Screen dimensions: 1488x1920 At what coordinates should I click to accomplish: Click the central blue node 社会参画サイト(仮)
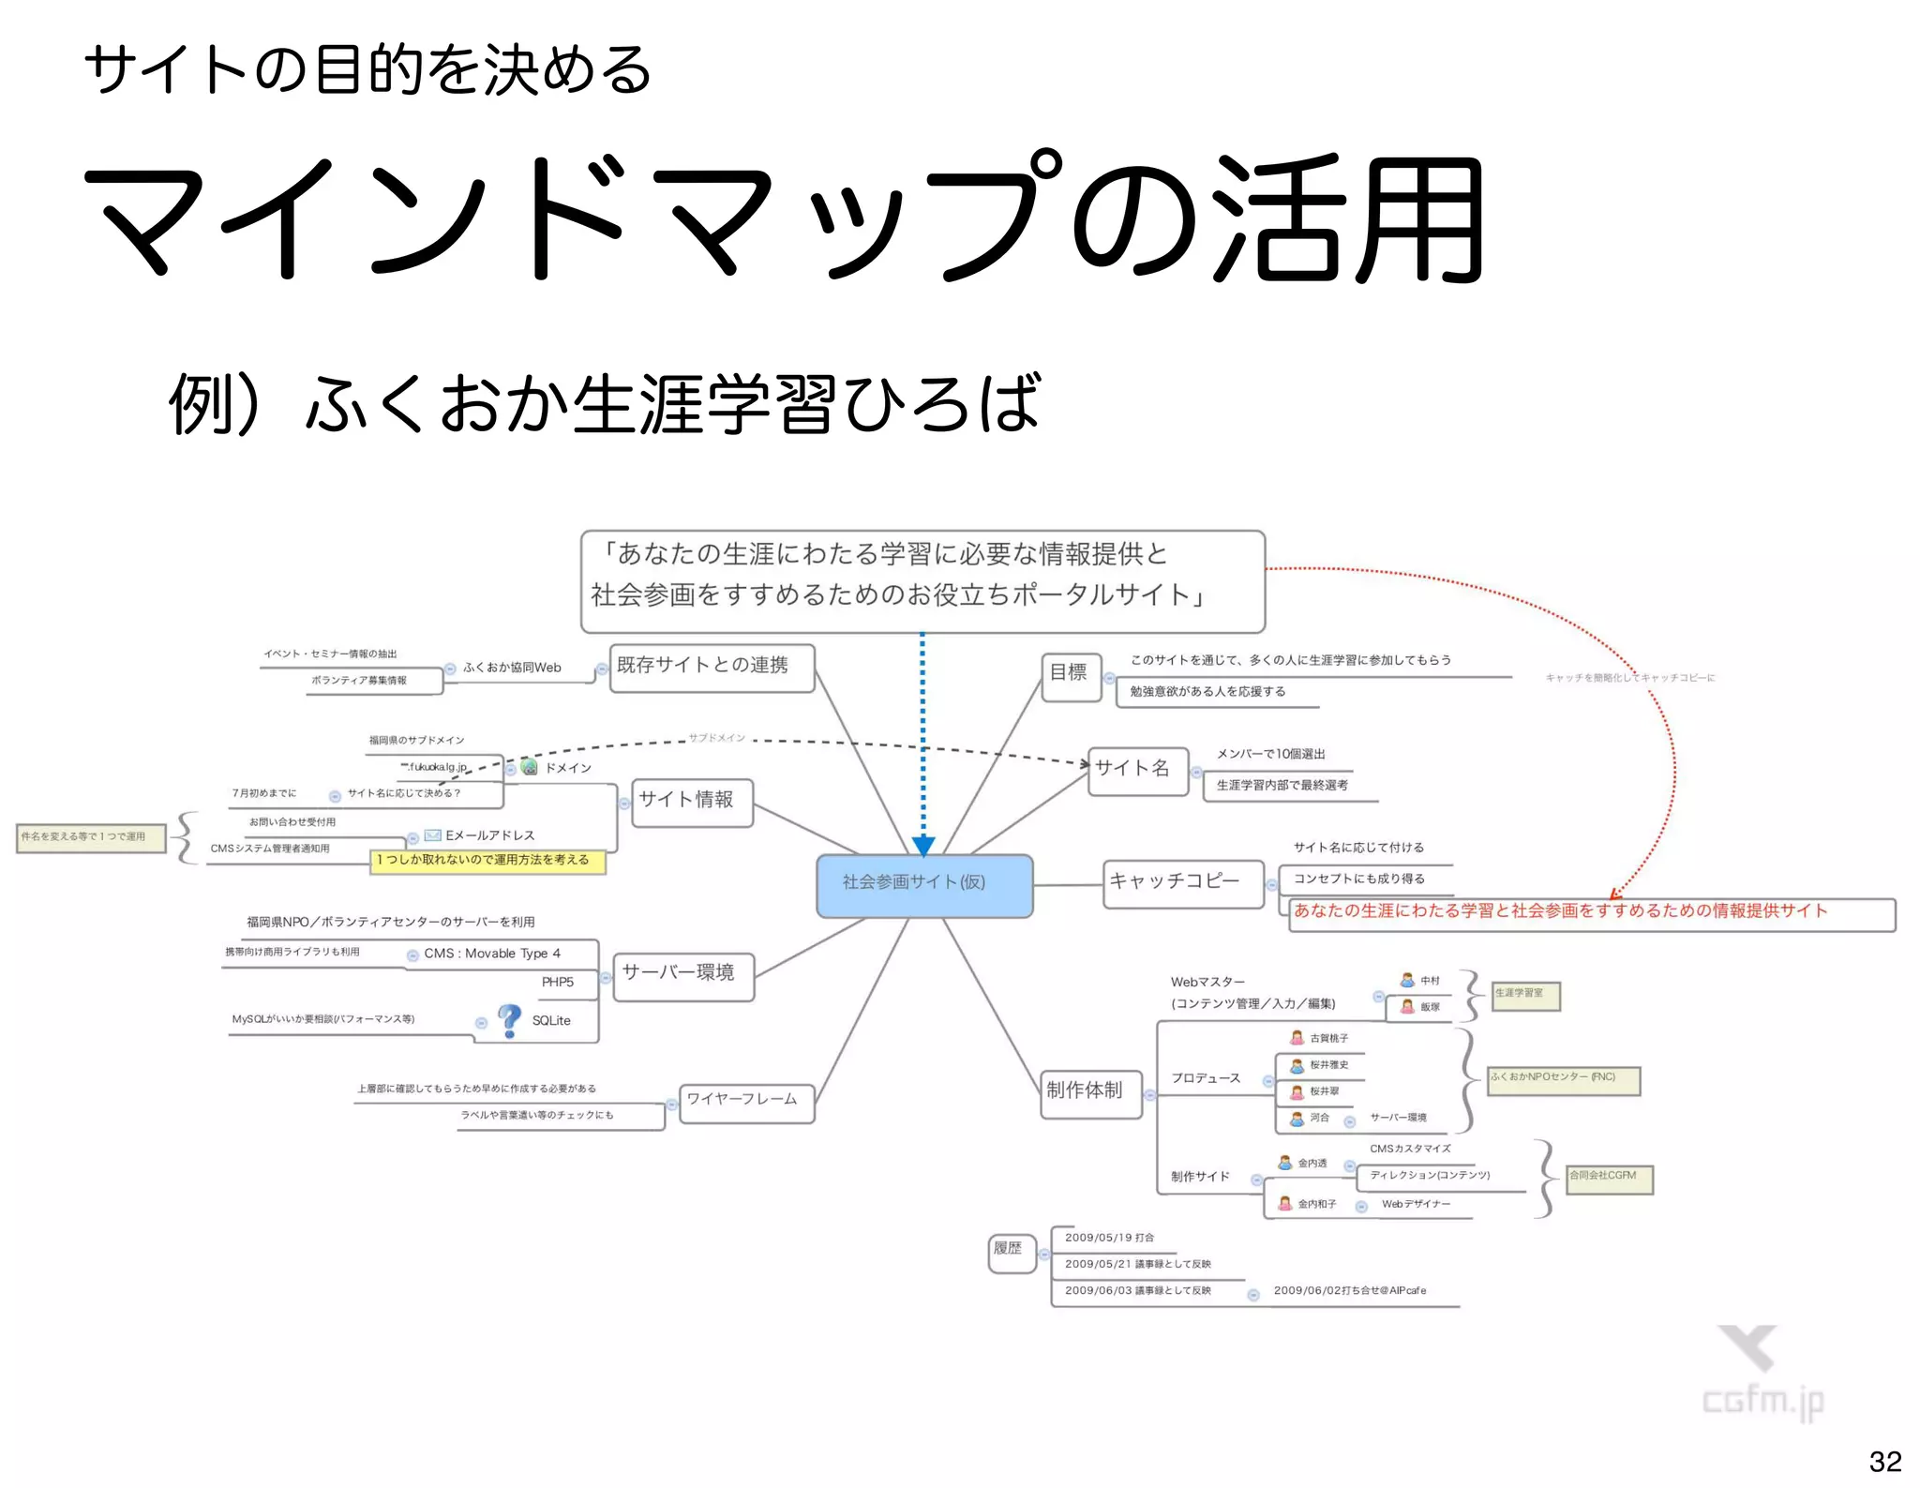(923, 885)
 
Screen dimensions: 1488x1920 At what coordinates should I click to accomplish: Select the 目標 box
(1070, 673)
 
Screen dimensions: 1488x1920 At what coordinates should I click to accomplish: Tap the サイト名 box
(1136, 770)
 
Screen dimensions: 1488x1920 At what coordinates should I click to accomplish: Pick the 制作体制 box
(1090, 1092)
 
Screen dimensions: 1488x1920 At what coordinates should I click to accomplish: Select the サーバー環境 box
(683, 974)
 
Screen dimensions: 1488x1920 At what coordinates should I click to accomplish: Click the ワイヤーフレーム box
(745, 1101)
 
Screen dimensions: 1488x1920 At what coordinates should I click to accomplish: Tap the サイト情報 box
(691, 802)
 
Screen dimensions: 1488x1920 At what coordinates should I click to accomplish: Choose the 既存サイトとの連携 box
(711, 667)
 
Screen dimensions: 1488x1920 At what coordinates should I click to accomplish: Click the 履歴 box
(1011, 1251)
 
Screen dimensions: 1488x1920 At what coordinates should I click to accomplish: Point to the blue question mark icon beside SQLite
(509, 1020)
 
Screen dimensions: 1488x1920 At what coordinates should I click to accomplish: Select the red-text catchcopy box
(1590, 913)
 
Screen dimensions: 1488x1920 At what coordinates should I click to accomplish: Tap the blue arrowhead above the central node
(922, 847)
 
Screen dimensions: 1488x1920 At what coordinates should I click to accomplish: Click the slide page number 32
(1884, 1461)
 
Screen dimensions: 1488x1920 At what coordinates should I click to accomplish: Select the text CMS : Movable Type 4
(492, 954)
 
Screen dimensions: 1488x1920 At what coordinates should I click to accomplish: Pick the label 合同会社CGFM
(1608, 1178)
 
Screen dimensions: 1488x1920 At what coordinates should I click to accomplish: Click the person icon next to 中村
(1407, 980)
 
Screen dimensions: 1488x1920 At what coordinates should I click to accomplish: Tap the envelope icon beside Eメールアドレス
(432, 834)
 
